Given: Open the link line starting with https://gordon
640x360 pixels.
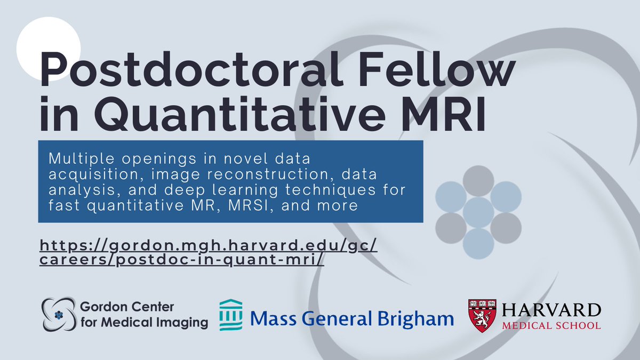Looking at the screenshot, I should click(209, 246).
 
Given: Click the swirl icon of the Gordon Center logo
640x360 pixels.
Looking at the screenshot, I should click(60, 315).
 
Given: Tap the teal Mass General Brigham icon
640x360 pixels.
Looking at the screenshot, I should click(230, 315).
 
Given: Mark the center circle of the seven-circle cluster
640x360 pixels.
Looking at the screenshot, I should click(478, 212).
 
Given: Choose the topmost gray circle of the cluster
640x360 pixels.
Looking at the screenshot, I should click(478, 181).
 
